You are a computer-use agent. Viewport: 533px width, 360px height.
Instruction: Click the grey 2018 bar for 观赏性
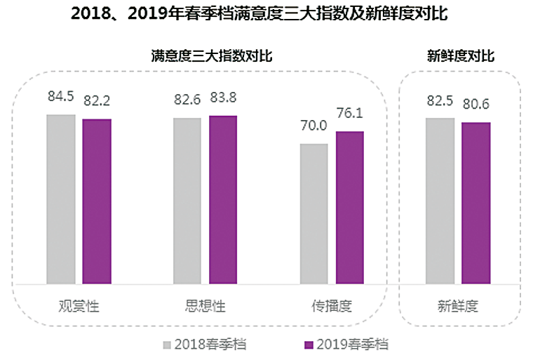click(61, 199)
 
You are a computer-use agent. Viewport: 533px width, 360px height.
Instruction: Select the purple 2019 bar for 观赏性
click(97, 201)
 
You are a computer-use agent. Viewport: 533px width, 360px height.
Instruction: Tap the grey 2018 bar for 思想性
click(187, 201)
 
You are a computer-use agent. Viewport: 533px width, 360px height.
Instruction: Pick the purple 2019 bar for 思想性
click(223, 199)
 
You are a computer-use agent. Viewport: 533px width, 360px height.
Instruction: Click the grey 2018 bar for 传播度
click(313, 214)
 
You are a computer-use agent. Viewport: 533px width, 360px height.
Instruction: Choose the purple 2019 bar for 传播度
click(349, 208)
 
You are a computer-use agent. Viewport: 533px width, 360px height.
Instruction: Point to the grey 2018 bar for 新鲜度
click(440, 201)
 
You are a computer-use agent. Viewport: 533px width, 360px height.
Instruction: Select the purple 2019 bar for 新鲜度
click(475, 203)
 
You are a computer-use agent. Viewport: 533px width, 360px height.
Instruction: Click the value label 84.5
click(61, 96)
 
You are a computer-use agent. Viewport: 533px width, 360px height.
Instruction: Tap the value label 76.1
click(349, 114)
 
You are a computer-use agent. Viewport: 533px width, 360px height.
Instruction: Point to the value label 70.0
click(313, 126)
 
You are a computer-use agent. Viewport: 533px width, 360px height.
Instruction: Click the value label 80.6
click(475, 105)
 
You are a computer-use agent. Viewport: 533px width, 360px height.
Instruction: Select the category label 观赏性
click(79, 307)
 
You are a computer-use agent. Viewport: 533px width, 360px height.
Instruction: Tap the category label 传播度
click(331, 307)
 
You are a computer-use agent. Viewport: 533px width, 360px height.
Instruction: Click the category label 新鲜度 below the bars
click(458, 307)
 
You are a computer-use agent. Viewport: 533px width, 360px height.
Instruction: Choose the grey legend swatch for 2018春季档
click(167, 345)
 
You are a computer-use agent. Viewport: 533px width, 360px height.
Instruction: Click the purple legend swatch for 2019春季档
click(308, 345)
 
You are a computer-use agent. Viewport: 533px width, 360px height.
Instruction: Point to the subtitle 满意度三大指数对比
click(211, 56)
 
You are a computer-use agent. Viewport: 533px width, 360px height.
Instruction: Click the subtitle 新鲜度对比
click(460, 56)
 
